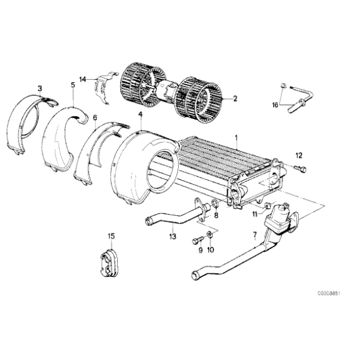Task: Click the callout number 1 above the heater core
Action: pyautogui.click(x=236, y=136)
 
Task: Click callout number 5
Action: pyautogui.click(x=73, y=85)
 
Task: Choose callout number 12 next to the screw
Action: pyautogui.click(x=298, y=155)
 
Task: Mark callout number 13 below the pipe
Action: pyautogui.click(x=172, y=237)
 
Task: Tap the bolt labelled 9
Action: pyautogui.click(x=196, y=238)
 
